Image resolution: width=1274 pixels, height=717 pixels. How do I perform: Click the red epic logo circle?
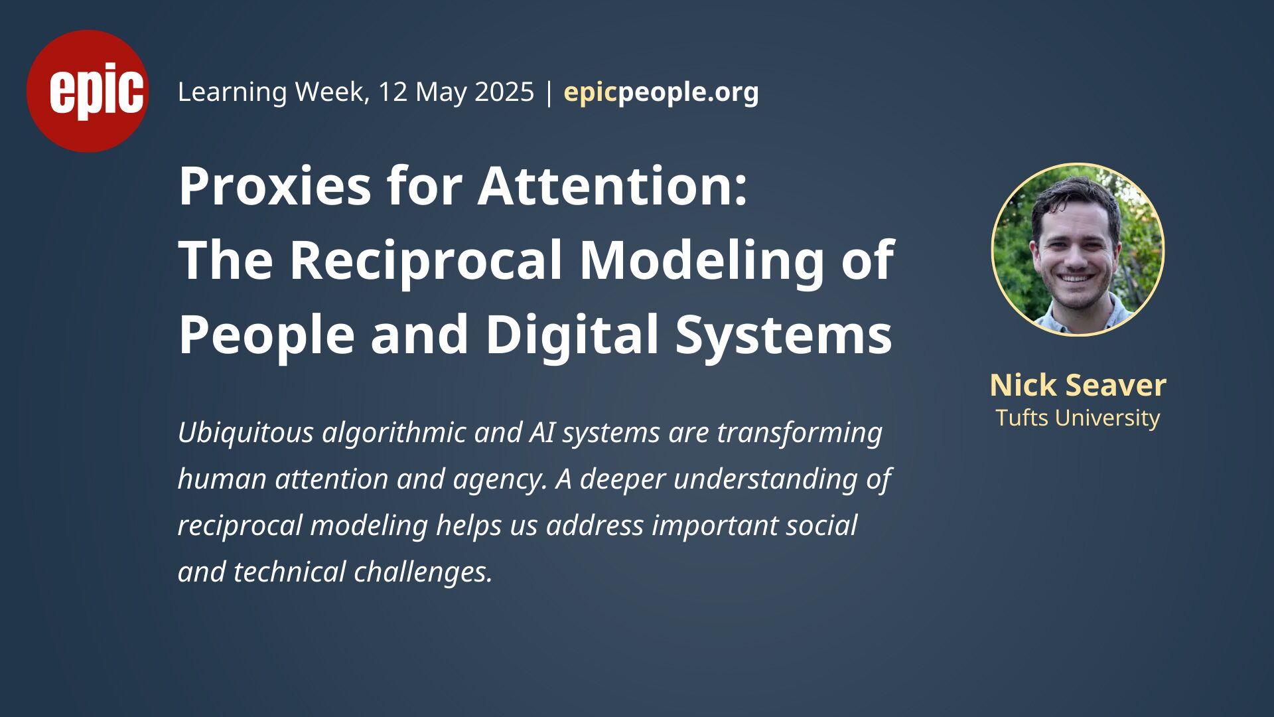coord(88,91)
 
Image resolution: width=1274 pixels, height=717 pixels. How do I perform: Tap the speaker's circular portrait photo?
coord(1078,250)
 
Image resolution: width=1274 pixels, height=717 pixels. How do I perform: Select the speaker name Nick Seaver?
coord(1078,385)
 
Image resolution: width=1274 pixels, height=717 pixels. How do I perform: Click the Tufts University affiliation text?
coord(1078,418)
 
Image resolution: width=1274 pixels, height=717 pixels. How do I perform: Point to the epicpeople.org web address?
coord(661,92)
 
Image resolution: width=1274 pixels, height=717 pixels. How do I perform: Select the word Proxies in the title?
coord(275,187)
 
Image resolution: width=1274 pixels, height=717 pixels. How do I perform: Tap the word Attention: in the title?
coord(612,187)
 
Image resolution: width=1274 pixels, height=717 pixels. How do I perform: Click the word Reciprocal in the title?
coord(426,261)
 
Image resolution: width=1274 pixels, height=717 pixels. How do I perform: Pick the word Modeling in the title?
coord(702,261)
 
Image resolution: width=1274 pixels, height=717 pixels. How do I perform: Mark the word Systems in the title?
coord(784,335)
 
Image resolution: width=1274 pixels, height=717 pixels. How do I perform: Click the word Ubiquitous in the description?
coord(246,433)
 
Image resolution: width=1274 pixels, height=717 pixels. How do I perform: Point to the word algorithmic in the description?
coord(393,433)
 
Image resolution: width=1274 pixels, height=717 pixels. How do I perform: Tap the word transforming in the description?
coord(800,433)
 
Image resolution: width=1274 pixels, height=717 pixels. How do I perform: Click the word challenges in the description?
coord(423,572)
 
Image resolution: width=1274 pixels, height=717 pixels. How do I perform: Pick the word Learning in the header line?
coord(232,92)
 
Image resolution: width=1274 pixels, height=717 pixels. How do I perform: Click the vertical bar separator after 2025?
coord(549,92)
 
